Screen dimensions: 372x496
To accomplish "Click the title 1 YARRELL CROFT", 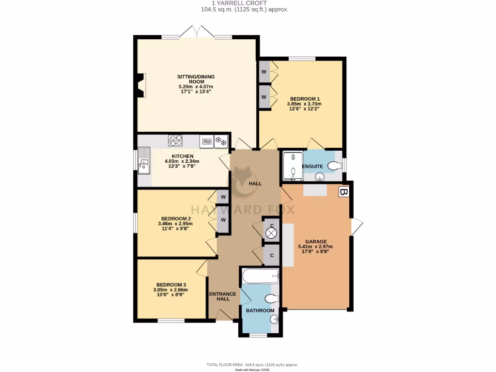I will (247, 3).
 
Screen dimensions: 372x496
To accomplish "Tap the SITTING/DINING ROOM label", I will (196, 79).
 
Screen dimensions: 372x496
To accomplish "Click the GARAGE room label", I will (315, 241).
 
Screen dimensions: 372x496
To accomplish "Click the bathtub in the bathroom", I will (260, 277).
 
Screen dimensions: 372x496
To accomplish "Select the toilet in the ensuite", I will (334, 166).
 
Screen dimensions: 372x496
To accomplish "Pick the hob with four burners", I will (175, 140).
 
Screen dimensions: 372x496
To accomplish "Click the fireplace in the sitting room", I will (140, 85).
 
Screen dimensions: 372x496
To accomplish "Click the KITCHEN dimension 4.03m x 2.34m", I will (182, 161).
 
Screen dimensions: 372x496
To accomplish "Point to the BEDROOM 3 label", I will (171, 285).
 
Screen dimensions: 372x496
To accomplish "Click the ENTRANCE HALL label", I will (222, 296).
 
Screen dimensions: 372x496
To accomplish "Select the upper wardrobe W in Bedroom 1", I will (264, 72).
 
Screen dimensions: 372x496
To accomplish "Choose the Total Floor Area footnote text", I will (252, 365).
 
